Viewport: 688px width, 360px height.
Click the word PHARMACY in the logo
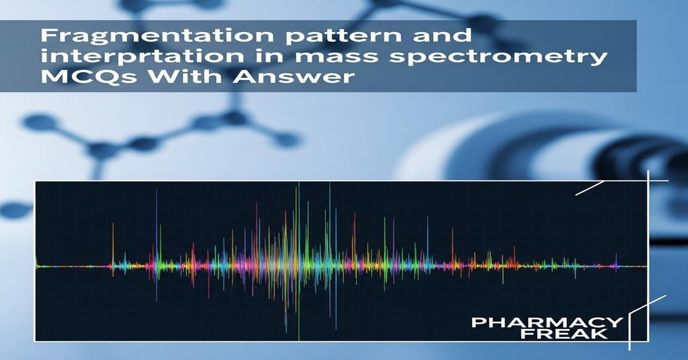click(x=546, y=322)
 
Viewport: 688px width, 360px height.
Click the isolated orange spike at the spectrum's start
click(x=112, y=261)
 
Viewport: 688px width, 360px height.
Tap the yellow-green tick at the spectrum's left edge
click(x=36, y=263)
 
